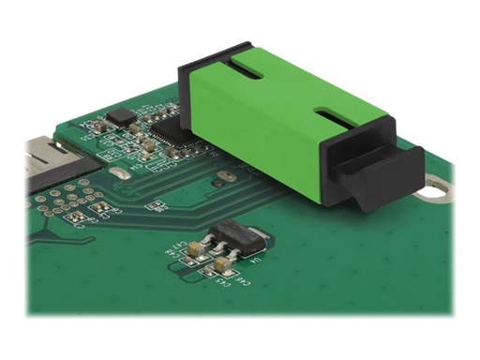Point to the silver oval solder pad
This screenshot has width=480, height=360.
[120, 175]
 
